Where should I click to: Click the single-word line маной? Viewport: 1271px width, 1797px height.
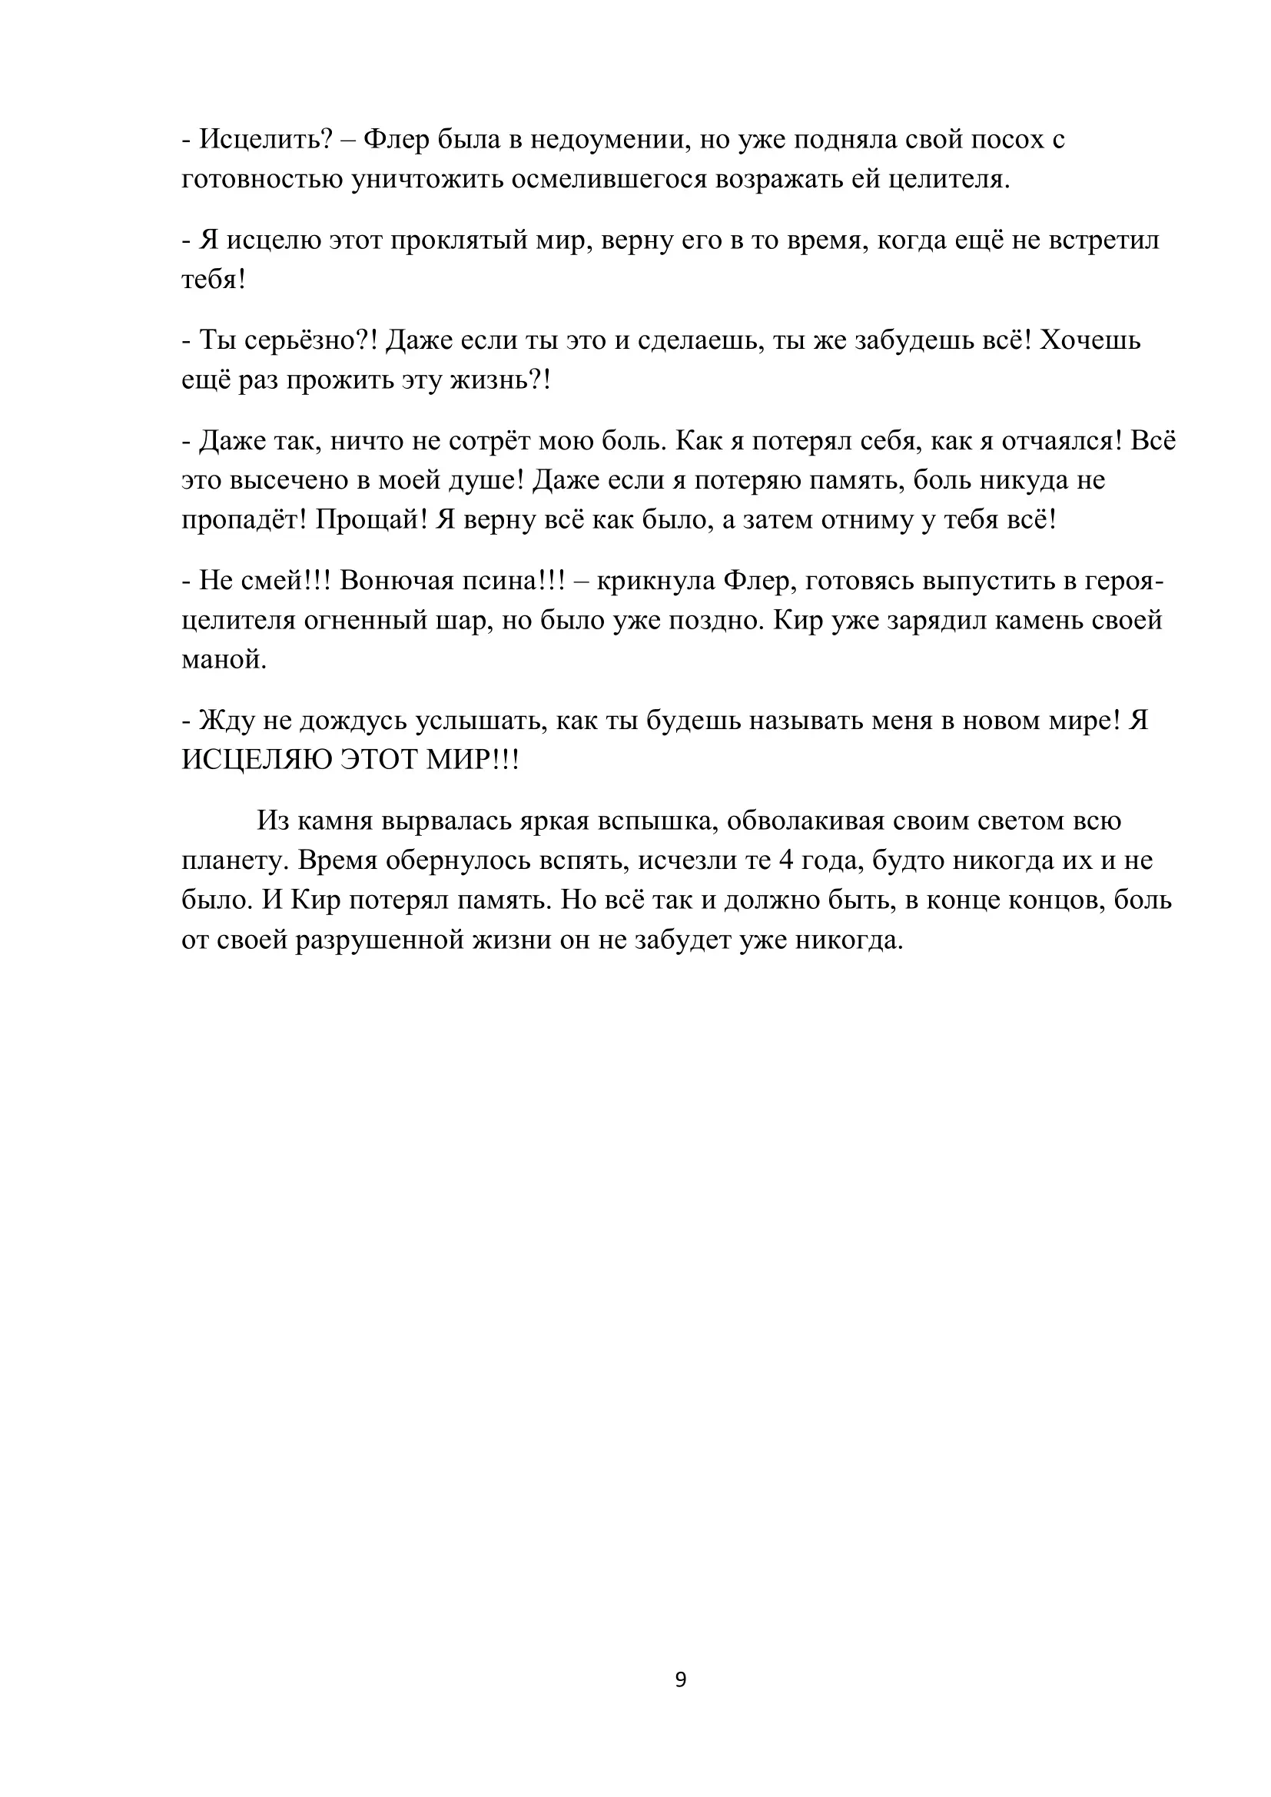224,660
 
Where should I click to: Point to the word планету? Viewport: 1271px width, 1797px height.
236,861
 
